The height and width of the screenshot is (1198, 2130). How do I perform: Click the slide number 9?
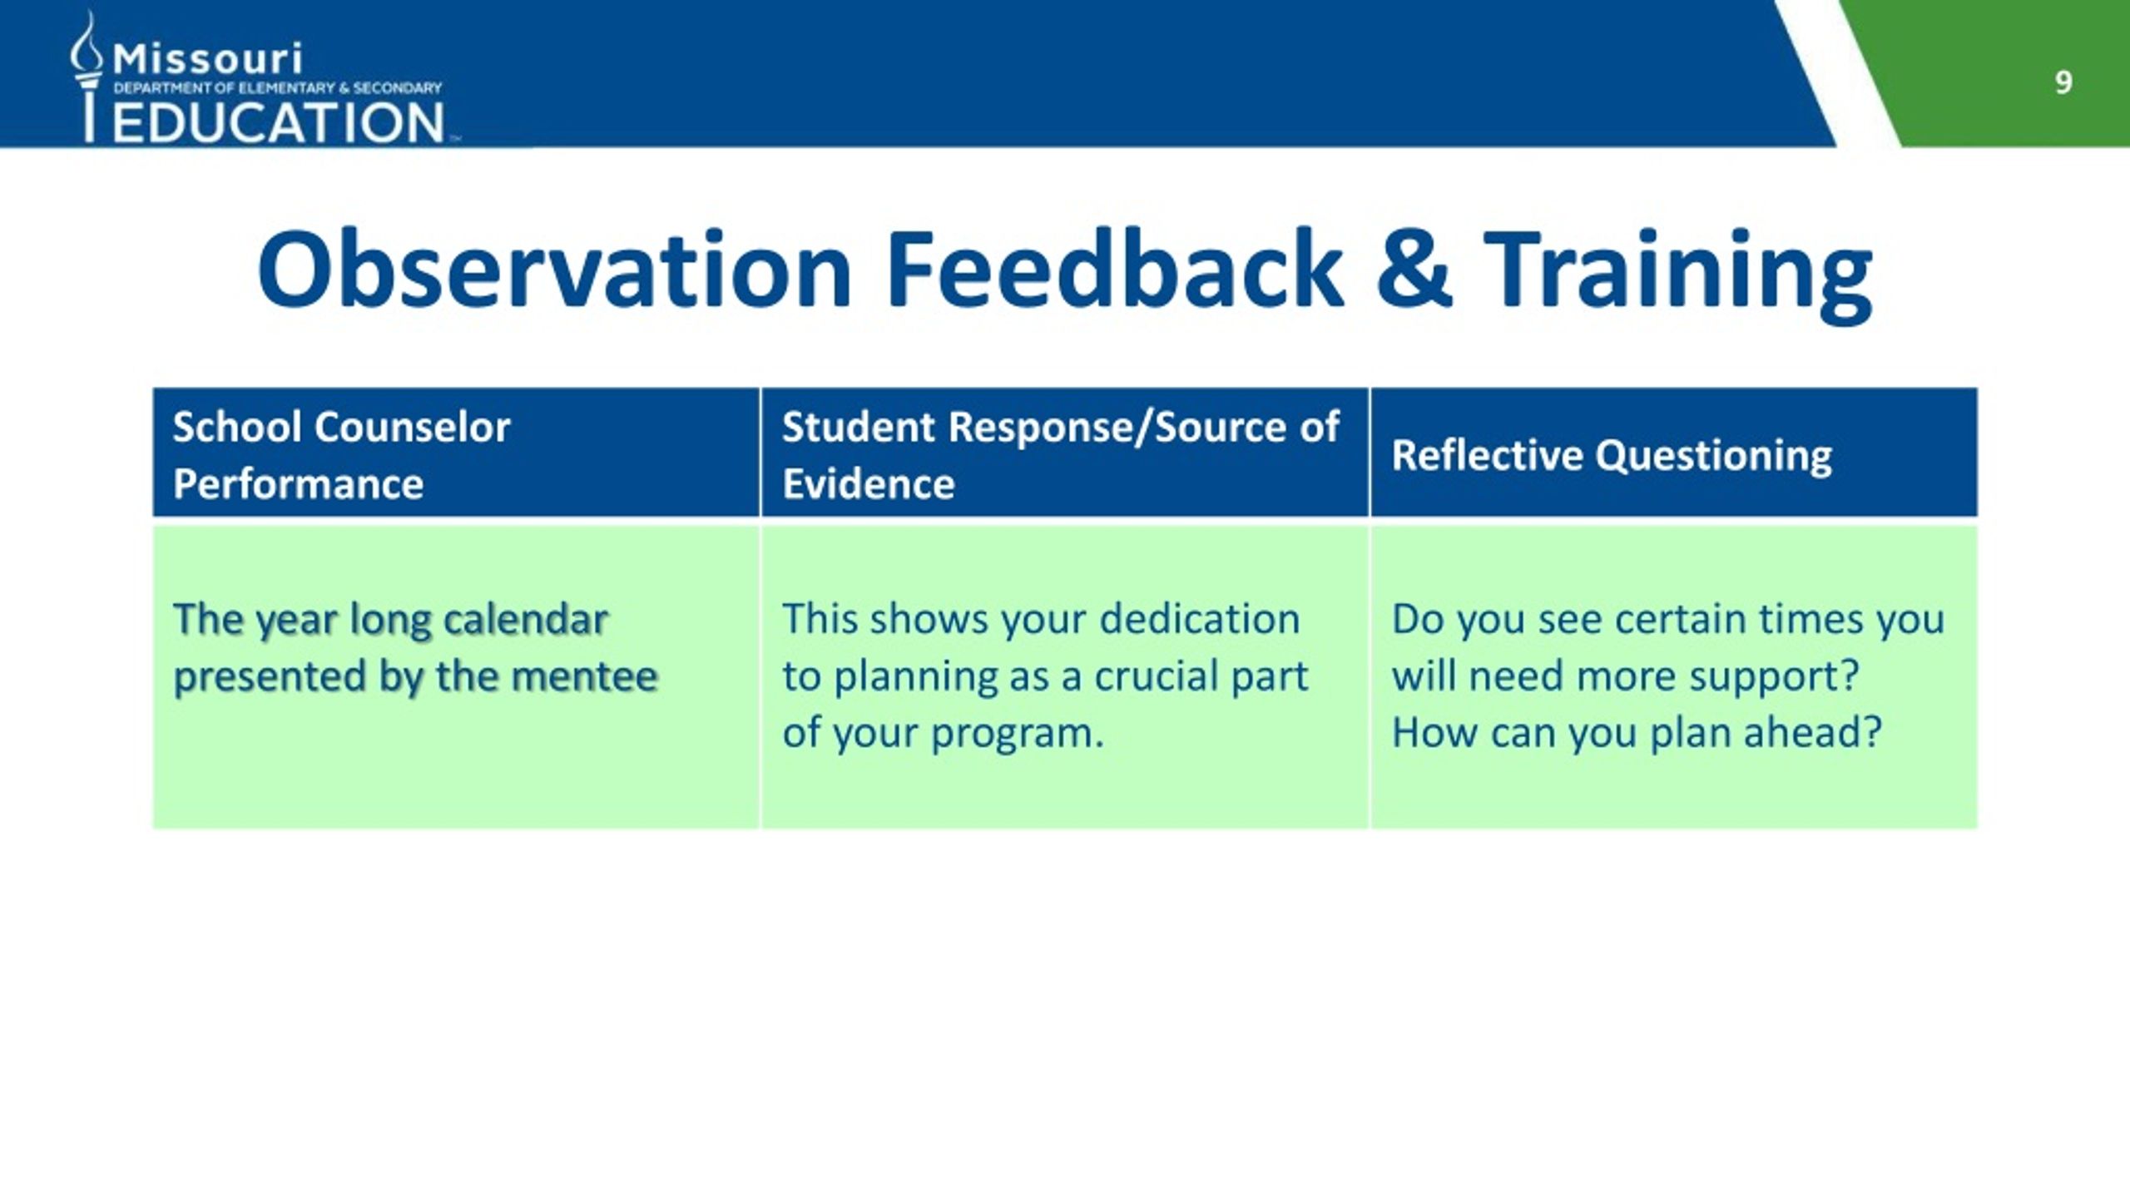tap(2063, 82)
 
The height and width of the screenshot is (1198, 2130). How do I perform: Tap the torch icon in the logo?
tap(87, 77)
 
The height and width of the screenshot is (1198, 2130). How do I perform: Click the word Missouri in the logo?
tap(207, 58)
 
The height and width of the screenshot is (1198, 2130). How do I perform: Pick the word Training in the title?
tap(1677, 275)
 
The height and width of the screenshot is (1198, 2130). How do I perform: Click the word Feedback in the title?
tap(1115, 270)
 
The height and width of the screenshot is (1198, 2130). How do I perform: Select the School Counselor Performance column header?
tap(341, 455)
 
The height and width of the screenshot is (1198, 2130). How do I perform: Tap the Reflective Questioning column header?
tap(1612, 456)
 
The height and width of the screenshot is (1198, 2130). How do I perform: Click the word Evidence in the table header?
tap(869, 484)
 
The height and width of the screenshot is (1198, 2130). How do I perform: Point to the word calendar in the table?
tap(525, 620)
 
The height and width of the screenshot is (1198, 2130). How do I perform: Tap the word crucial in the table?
tap(1156, 676)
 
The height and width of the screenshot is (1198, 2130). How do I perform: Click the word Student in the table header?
tap(859, 427)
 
